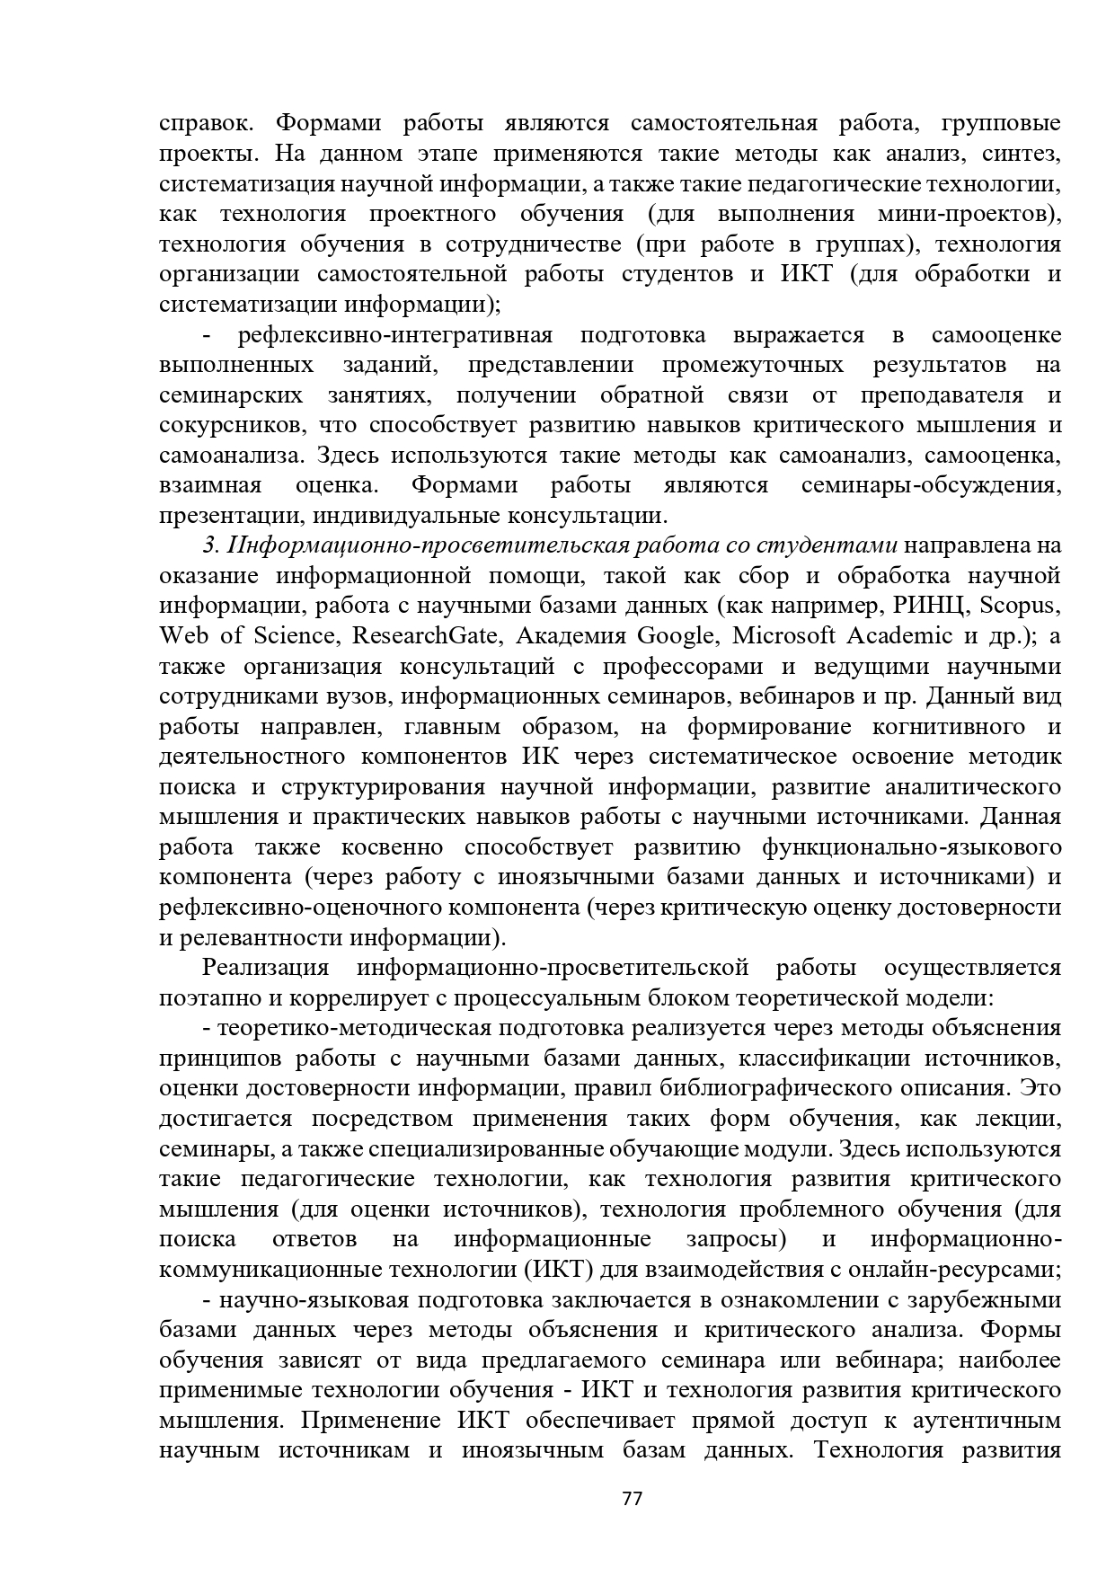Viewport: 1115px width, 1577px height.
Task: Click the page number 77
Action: click(633, 1499)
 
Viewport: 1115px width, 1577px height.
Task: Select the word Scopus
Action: click(1020, 606)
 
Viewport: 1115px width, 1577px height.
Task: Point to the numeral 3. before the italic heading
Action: click(211, 545)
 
